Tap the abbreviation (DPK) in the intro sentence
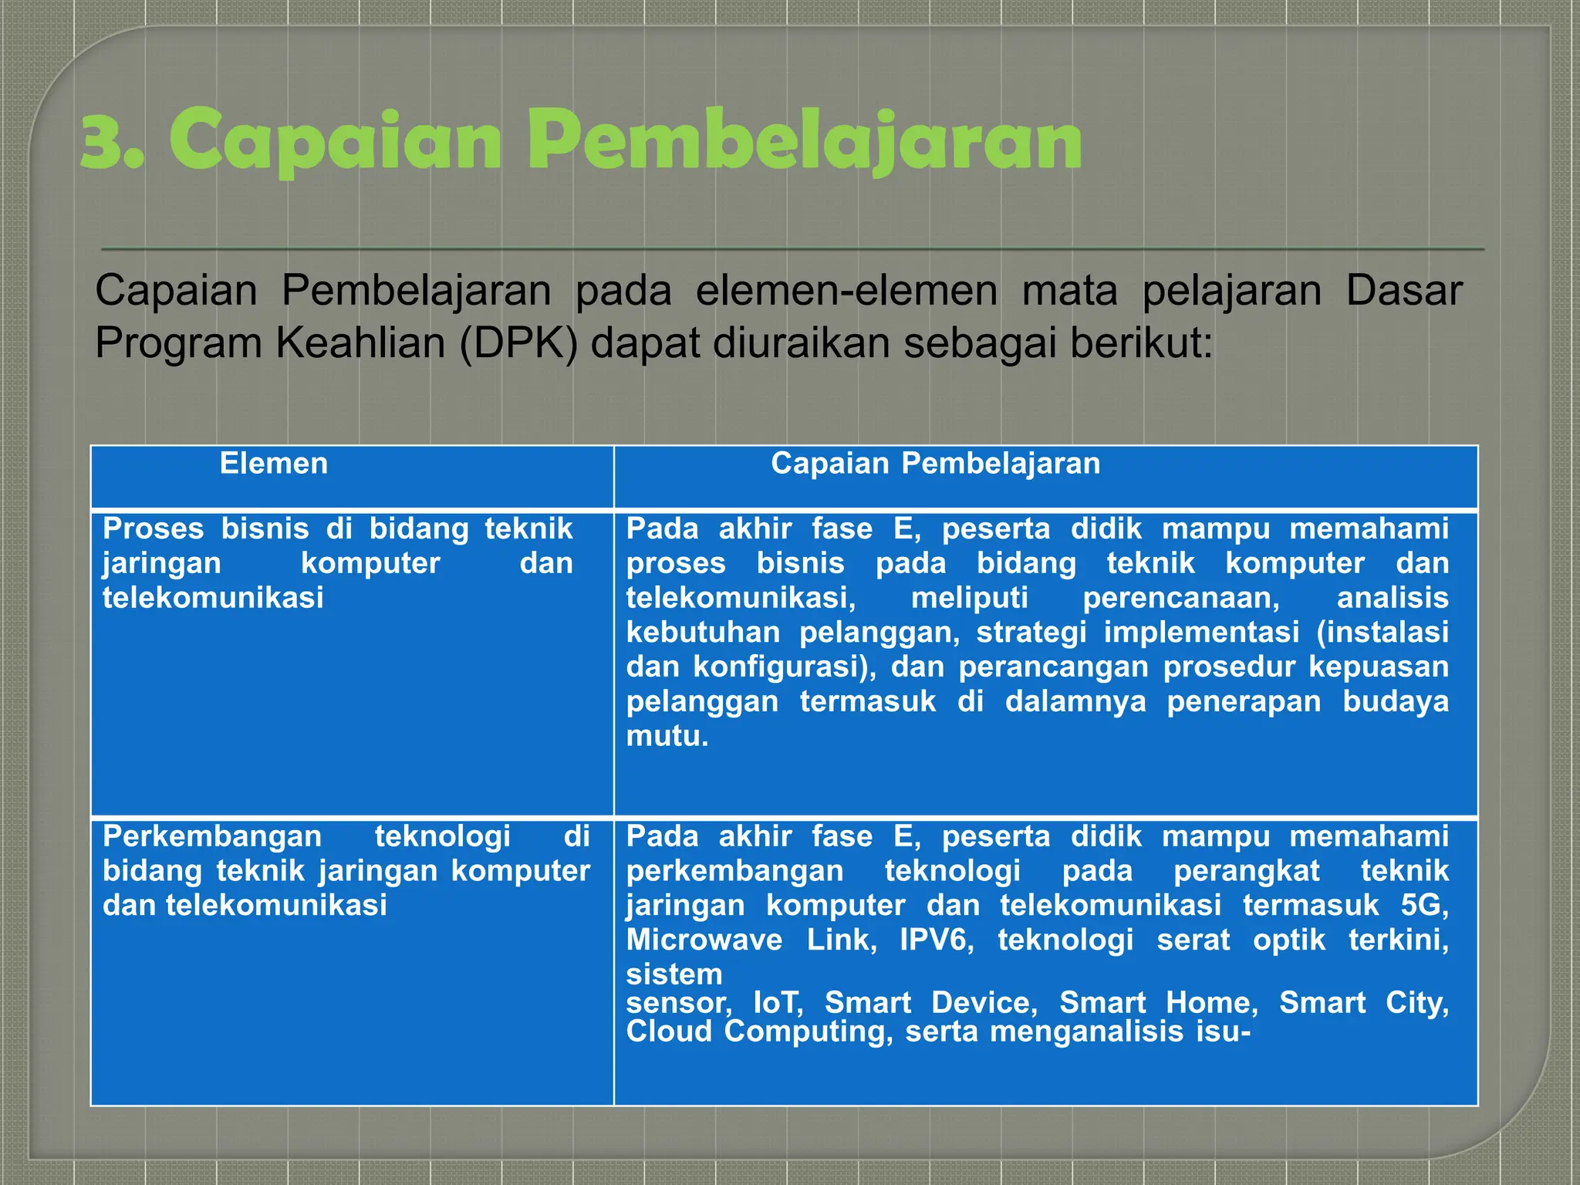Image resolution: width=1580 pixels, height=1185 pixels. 518,343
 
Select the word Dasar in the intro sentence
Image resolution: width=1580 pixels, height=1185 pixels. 1403,291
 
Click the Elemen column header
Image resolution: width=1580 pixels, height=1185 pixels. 274,464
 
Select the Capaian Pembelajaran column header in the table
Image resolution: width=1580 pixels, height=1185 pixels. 935,464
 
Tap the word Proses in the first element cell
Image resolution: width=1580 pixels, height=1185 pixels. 153,529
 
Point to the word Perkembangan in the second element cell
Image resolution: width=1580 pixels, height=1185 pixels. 211,836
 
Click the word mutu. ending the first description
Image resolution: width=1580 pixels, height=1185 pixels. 667,737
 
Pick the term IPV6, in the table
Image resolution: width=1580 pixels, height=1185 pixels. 937,940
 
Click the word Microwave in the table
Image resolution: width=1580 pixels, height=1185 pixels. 704,940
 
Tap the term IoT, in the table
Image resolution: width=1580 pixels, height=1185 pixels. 778,1003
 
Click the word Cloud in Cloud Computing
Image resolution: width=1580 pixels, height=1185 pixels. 669,1032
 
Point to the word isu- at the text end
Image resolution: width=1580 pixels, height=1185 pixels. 1222,1032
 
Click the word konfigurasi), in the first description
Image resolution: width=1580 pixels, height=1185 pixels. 784,667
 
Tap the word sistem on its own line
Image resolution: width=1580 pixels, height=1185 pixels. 674,974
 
